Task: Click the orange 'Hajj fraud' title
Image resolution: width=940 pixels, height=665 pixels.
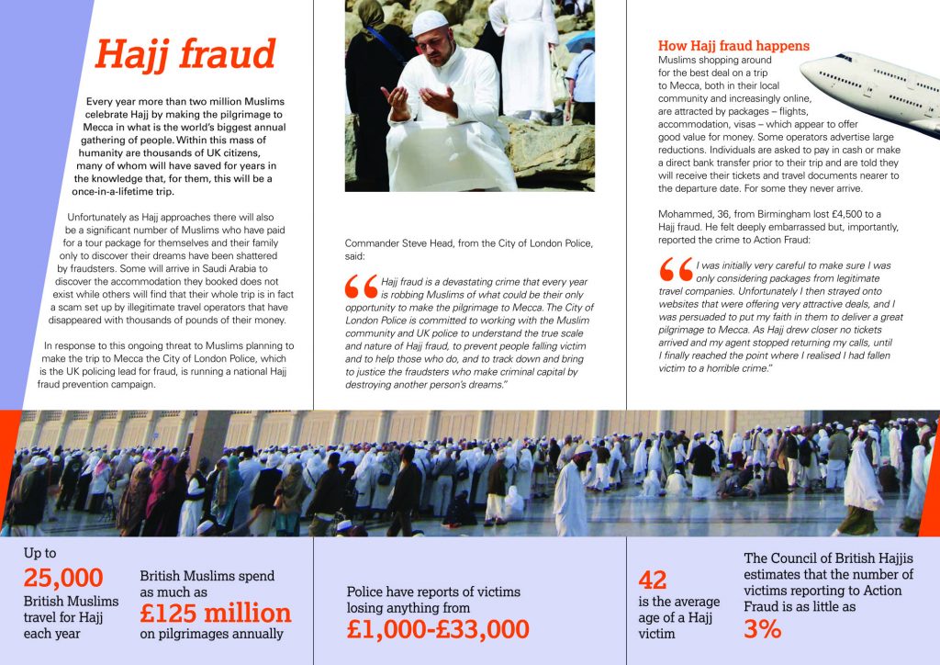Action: (x=185, y=54)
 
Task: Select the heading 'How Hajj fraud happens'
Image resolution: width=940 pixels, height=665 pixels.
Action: (x=733, y=46)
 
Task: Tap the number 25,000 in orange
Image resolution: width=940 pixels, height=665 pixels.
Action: (x=63, y=579)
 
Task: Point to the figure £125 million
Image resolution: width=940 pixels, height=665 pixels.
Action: (x=215, y=613)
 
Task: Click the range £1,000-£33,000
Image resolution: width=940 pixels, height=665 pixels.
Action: (x=438, y=628)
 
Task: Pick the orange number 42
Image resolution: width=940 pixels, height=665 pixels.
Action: (x=653, y=580)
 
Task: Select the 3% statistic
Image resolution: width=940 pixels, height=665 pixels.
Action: (x=762, y=628)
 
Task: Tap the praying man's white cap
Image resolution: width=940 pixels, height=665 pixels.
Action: (x=430, y=22)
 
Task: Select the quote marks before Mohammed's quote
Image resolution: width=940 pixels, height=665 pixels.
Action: (x=676, y=270)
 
